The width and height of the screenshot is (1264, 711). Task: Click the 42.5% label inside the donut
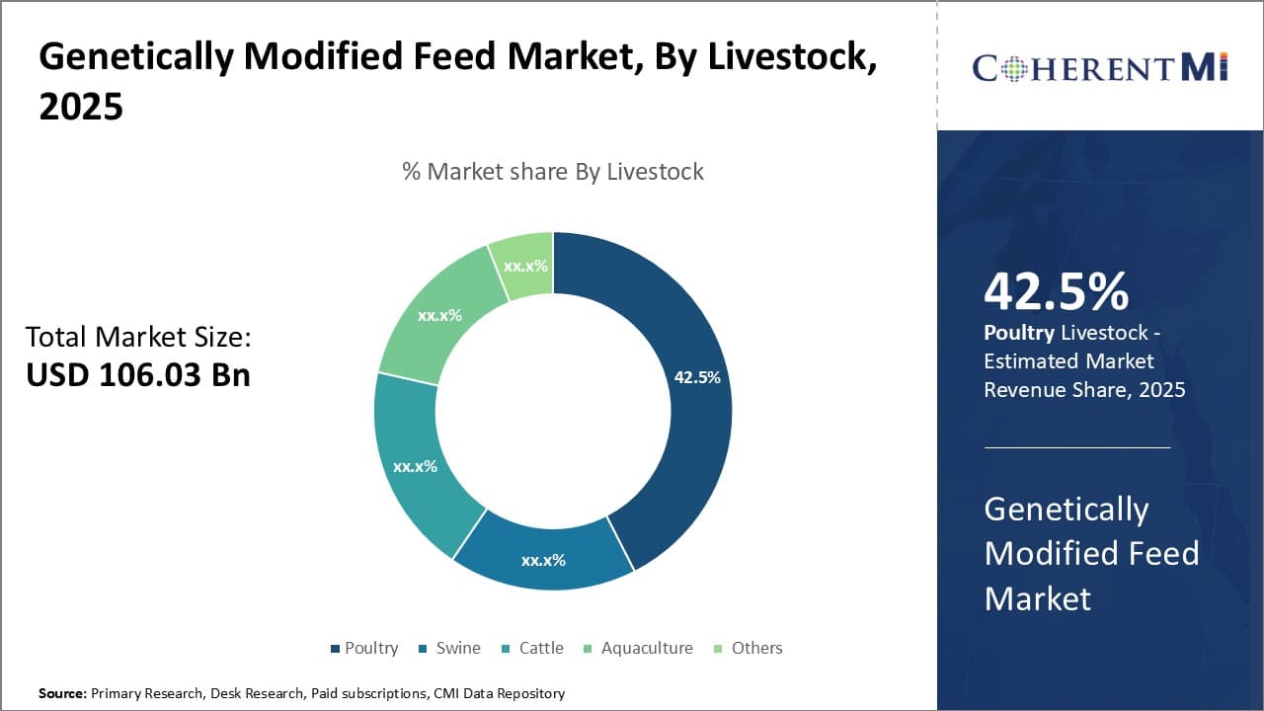click(x=697, y=377)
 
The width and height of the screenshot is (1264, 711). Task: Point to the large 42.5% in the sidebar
click(x=1057, y=292)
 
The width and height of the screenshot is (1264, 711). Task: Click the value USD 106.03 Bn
click(x=138, y=375)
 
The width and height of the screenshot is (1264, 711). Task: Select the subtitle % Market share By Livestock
click(x=553, y=172)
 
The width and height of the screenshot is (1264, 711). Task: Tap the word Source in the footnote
click(x=62, y=693)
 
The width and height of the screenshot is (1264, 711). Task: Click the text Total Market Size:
click(x=138, y=338)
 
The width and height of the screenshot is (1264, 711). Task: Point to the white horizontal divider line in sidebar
click(x=1077, y=447)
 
